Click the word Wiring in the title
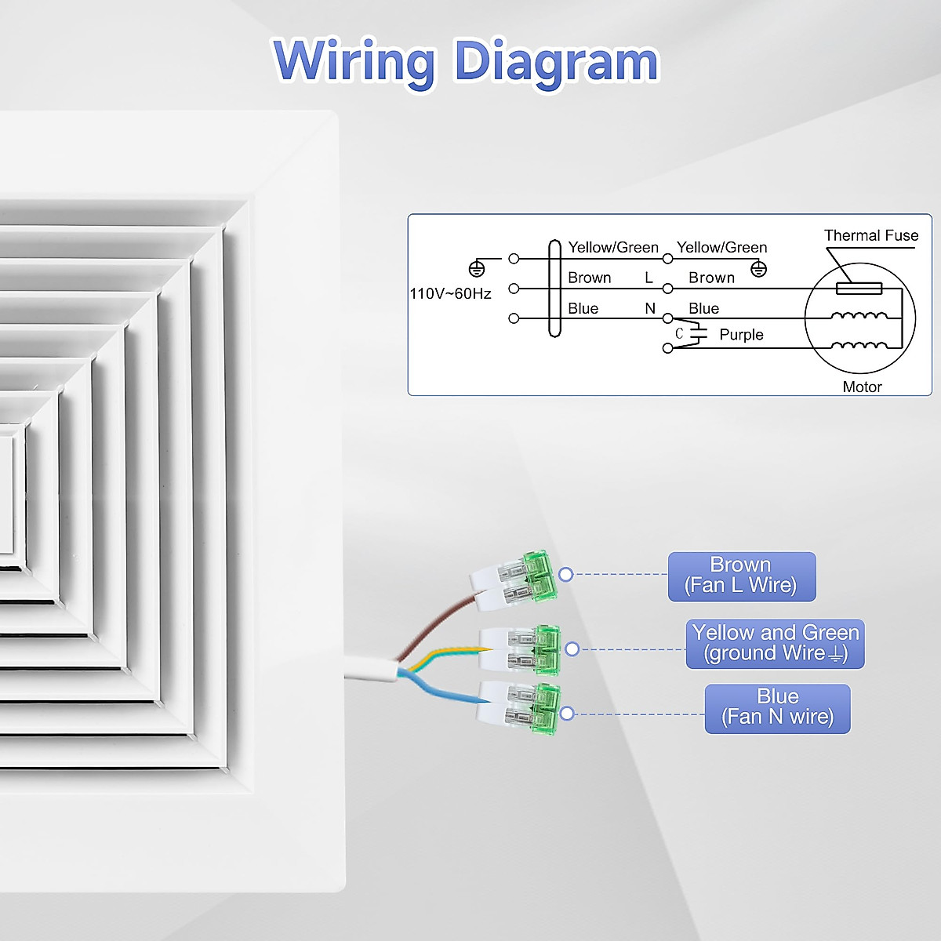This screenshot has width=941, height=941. click(354, 61)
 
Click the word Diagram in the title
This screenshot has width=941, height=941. click(556, 61)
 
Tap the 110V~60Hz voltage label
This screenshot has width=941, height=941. click(450, 293)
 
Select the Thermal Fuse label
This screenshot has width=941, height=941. click(870, 235)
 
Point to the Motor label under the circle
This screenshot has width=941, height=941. click(862, 387)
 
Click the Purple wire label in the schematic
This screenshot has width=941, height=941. click(741, 335)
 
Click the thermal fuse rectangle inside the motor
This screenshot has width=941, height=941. click(859, 289)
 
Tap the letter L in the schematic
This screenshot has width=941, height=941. click(649, 278)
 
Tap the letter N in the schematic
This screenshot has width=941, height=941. click(650, 308)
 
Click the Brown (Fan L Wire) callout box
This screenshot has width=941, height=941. click(742, 576)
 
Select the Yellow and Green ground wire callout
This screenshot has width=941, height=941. click(775, 644)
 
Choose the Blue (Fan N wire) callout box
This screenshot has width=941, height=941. click(777, 708)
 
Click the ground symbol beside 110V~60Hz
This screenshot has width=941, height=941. click(476, 269)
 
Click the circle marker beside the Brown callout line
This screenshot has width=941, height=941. click(566, 575)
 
